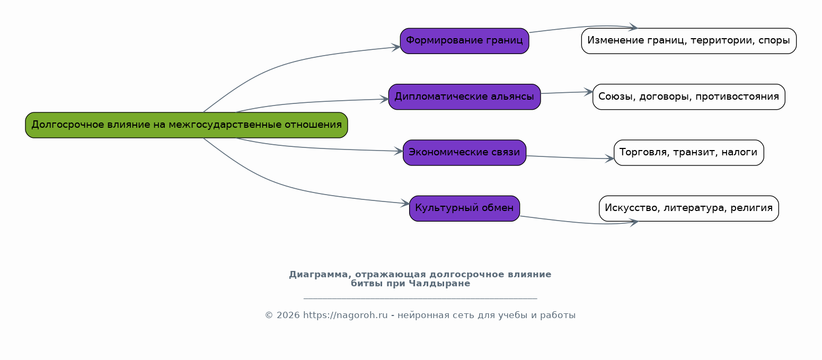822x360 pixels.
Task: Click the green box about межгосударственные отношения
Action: point(187,125)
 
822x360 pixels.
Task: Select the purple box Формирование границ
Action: point(464,41)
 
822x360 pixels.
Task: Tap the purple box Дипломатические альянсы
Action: point(464,97)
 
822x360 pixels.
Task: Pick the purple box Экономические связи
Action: point(464,153)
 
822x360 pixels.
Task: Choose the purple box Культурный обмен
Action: point(464,208)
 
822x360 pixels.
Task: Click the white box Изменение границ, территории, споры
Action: point(689,41)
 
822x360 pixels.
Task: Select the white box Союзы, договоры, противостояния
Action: point(689,97)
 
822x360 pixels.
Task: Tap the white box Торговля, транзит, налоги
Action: point(689,153)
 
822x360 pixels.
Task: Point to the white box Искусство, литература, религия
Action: point(689,208)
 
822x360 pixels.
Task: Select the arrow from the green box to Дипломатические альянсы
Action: point(312,102)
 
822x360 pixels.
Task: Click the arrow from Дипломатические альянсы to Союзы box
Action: point(567,92)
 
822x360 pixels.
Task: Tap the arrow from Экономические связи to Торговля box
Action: point(570,158)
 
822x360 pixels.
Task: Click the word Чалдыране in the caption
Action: point(439,284)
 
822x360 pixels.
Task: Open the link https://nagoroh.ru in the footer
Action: point(346,315)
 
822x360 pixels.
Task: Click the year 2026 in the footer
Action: point(288,315)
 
